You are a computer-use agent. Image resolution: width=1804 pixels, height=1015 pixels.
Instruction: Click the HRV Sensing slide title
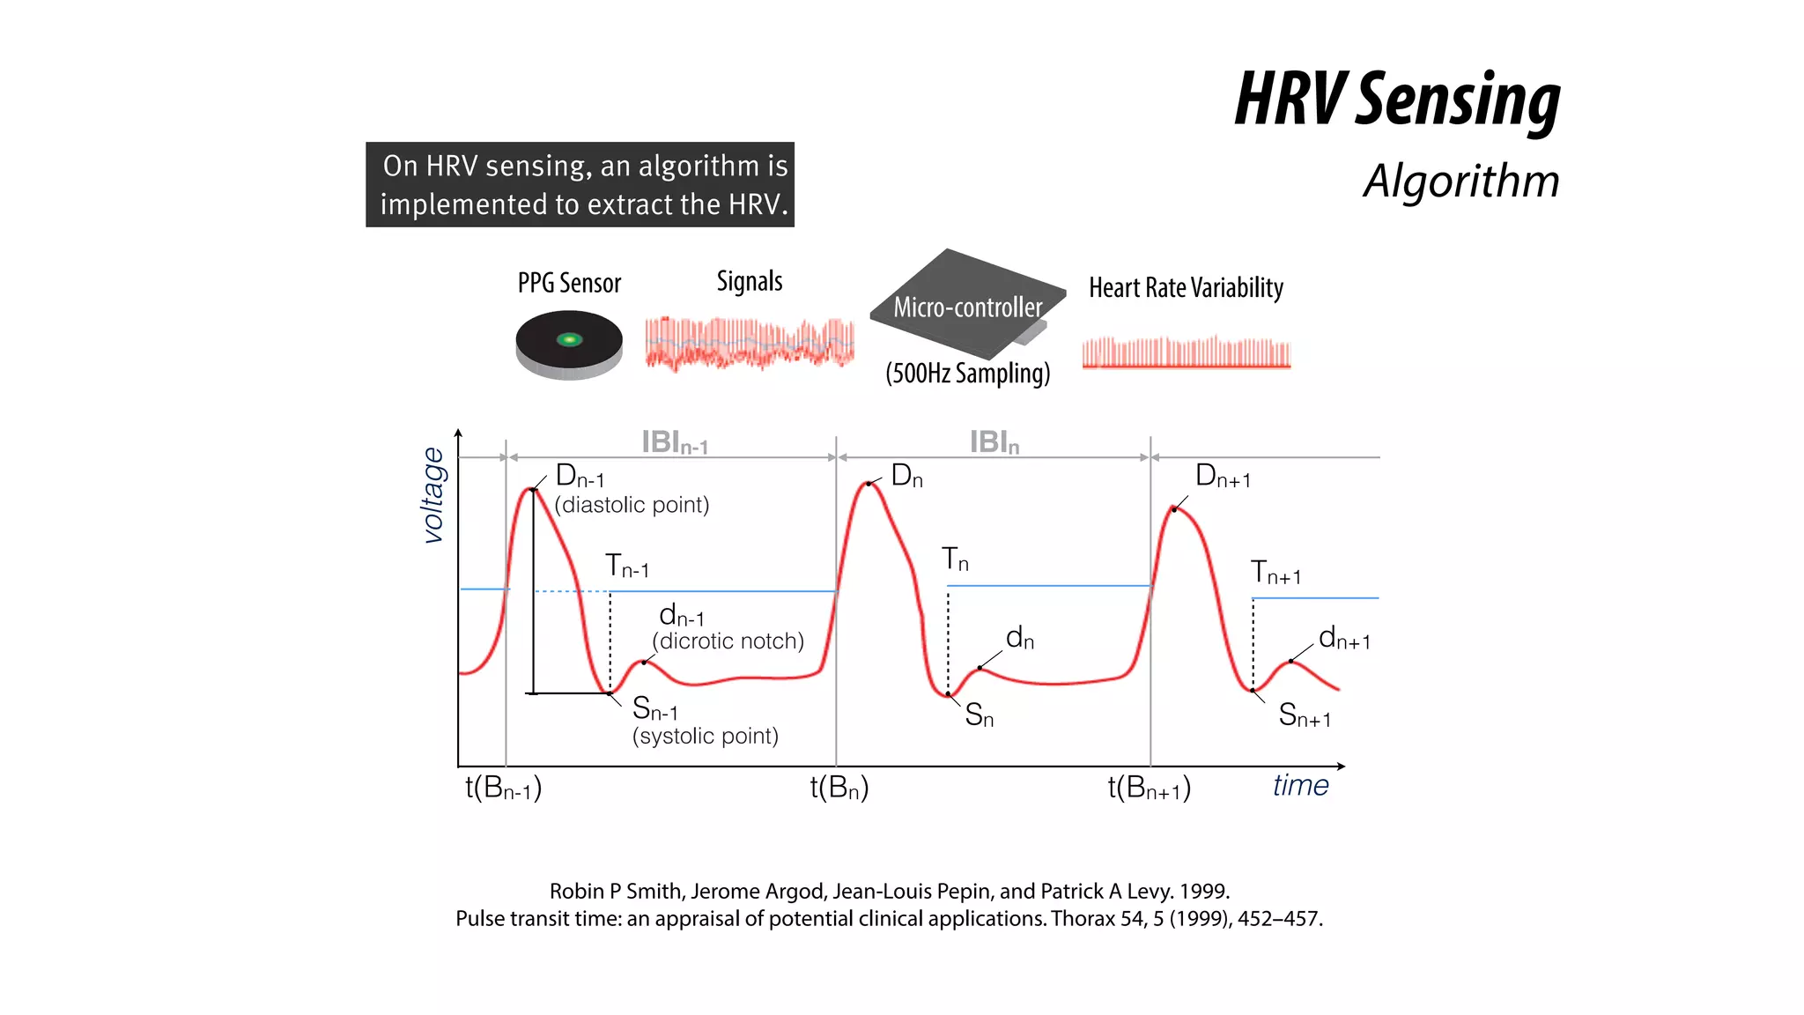1397,100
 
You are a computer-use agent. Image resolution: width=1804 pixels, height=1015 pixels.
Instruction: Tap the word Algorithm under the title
1461,181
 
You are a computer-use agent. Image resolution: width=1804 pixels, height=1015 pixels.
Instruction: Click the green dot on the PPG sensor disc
569,339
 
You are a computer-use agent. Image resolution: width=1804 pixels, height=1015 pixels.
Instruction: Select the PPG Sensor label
569,283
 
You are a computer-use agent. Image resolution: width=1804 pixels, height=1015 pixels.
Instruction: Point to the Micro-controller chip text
967,307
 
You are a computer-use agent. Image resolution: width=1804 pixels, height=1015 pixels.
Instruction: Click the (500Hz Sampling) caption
967,373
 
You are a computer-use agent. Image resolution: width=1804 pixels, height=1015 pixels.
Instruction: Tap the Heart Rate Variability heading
1186,287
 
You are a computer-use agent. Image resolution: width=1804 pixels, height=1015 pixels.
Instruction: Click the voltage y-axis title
433,494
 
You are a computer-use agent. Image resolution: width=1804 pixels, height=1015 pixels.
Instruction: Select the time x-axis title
1300,785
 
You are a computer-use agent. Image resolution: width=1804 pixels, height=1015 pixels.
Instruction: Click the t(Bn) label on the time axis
839,787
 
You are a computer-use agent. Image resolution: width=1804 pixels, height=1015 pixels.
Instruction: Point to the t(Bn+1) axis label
1149,787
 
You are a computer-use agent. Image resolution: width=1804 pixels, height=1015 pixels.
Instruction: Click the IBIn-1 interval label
674,442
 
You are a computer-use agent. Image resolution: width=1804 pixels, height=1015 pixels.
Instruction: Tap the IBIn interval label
994,442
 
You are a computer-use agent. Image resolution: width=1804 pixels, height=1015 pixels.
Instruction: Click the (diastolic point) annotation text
632,505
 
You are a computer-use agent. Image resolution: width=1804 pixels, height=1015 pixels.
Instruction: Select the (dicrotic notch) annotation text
728,641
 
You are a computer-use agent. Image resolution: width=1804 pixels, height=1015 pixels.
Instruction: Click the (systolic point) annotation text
705,736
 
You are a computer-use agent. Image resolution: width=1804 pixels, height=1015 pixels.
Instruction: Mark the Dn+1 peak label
1222,477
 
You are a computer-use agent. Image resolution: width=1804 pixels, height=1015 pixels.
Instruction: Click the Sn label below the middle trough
979,715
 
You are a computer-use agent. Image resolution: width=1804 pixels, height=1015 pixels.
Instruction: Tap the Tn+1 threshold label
1275,573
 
